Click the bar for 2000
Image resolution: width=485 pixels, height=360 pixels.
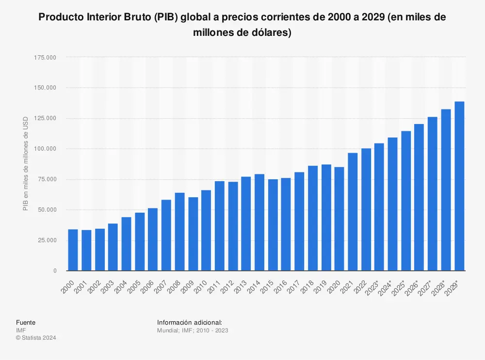tap(73, 250)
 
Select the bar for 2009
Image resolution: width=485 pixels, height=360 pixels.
tap(193, 234)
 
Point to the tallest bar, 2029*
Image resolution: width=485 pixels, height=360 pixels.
tap(459, 186)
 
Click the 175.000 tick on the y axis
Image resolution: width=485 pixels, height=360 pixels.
tap(45, 57)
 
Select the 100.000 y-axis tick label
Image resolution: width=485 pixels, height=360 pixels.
tap(45, 149)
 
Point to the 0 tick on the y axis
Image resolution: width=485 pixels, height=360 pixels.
tap(55, 271)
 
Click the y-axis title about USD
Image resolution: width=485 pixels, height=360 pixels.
tap(25, 163)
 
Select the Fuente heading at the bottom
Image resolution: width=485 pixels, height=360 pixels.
tap(26, 323)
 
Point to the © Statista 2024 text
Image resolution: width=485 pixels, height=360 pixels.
tap(36, 338)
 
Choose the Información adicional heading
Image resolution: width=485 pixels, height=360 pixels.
tap(190, 323)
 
